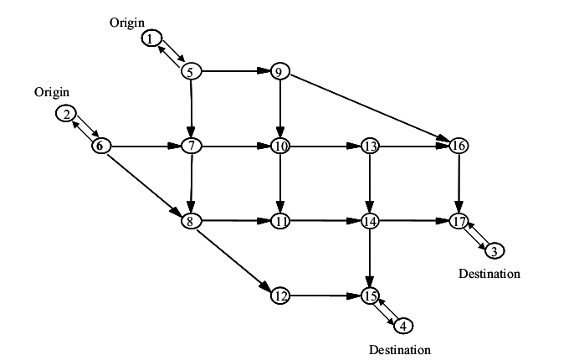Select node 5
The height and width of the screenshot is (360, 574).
(192, 71)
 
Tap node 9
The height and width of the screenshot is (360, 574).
(279, 71)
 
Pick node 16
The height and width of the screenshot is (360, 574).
(459, 146)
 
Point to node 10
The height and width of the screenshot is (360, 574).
(279, 146)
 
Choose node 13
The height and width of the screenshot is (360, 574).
(370, 146)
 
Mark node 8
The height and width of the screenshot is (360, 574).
(192, 221)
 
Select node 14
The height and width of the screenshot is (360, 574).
(370, 221)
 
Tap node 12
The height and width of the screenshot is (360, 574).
(280, 296)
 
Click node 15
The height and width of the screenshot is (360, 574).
(370, 296)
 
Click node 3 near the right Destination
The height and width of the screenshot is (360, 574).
(494, 250)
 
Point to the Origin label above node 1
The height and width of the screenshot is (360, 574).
(126, 23)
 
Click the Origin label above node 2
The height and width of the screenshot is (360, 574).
(51, 91)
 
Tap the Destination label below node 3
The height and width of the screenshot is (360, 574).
(489, 274)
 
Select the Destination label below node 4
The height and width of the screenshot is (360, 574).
(400, 348)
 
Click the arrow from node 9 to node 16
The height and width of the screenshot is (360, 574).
(369, 109)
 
